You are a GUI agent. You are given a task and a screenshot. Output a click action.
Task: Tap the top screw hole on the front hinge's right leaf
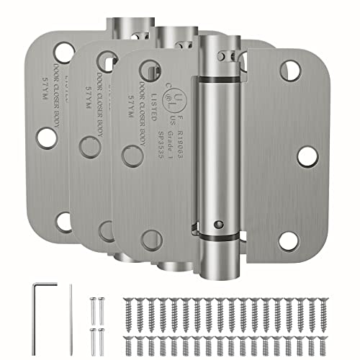[x=290, y=70]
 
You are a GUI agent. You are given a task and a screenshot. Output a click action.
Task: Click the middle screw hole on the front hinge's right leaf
[x=306, y=156]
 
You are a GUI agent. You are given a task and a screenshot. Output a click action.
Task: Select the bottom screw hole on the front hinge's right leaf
[x=289, y=240]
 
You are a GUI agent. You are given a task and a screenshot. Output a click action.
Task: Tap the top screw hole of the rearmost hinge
[x=64, y=52]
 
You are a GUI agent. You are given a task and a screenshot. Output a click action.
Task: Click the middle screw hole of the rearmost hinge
[x=47, y=137]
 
